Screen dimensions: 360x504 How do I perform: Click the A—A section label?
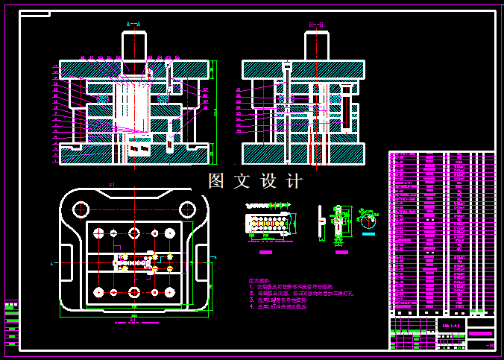[133, 25]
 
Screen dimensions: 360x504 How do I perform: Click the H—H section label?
[316, 25]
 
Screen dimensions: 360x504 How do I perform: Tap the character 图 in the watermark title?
[216, 181]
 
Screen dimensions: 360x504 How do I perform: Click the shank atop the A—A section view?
[134, 46]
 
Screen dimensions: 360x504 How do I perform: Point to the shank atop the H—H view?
[316, 46]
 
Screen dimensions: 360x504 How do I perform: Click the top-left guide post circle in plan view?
[98, 233]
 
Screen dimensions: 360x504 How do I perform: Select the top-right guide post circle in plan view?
[170, 233]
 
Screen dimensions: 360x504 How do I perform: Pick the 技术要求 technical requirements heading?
[259, 281]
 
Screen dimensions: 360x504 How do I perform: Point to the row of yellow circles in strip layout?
[268, 222]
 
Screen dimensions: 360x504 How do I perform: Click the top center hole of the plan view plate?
[134, 233]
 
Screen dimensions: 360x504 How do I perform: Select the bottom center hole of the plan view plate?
[134, 292]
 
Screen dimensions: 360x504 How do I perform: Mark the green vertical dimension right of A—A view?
[215, 112]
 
